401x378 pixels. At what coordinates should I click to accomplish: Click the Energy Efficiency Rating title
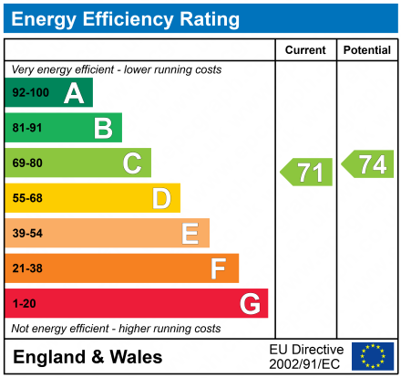(125, 18)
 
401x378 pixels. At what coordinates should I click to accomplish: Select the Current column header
(305, 49)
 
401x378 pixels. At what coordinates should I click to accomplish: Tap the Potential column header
(367, 49)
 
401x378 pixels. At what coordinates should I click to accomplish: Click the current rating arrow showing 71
(305, 171)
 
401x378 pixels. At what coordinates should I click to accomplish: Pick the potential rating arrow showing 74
(367, 163)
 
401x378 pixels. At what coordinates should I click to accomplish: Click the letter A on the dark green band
(74, 92)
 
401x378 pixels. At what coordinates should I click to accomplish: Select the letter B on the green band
(103, 128)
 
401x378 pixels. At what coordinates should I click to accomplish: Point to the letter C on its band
(132, 163)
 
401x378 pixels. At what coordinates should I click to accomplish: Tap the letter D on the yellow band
(161, 198)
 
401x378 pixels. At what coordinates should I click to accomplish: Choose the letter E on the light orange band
(190, 234)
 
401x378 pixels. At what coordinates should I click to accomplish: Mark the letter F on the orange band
(219, 268)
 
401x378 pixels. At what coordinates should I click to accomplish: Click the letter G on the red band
(249, 303)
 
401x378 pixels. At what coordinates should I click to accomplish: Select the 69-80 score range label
(27, 163)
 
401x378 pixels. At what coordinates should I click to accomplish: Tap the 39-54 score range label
(27, 234)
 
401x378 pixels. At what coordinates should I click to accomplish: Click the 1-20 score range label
(24, 304)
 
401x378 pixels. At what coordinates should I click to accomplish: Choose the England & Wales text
(88, 356)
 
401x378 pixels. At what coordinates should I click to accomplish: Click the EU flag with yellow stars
(373, 356)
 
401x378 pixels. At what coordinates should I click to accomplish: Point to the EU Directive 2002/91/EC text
(307, 356)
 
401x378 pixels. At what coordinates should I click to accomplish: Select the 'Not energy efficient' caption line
(116, 329)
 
